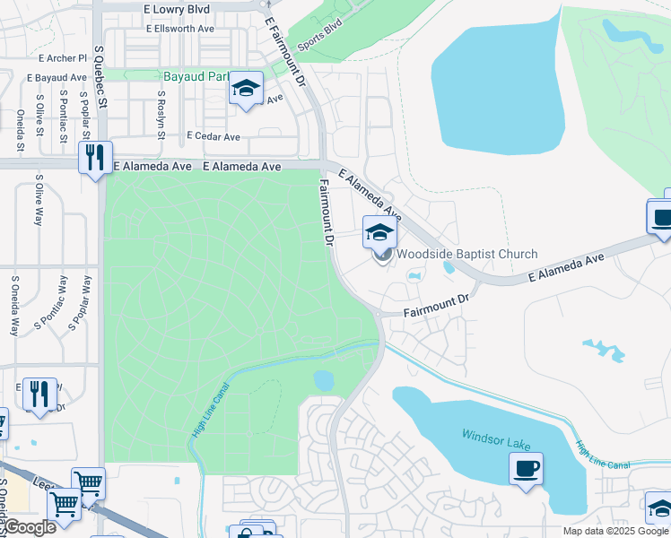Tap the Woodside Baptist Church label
467,255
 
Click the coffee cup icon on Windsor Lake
526,468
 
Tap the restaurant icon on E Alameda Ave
94,158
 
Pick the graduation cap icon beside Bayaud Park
245,89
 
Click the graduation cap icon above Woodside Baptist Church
379,232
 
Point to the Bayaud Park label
194,77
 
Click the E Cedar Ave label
213,137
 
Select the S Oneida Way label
15,305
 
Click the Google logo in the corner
29,527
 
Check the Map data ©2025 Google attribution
615,531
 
